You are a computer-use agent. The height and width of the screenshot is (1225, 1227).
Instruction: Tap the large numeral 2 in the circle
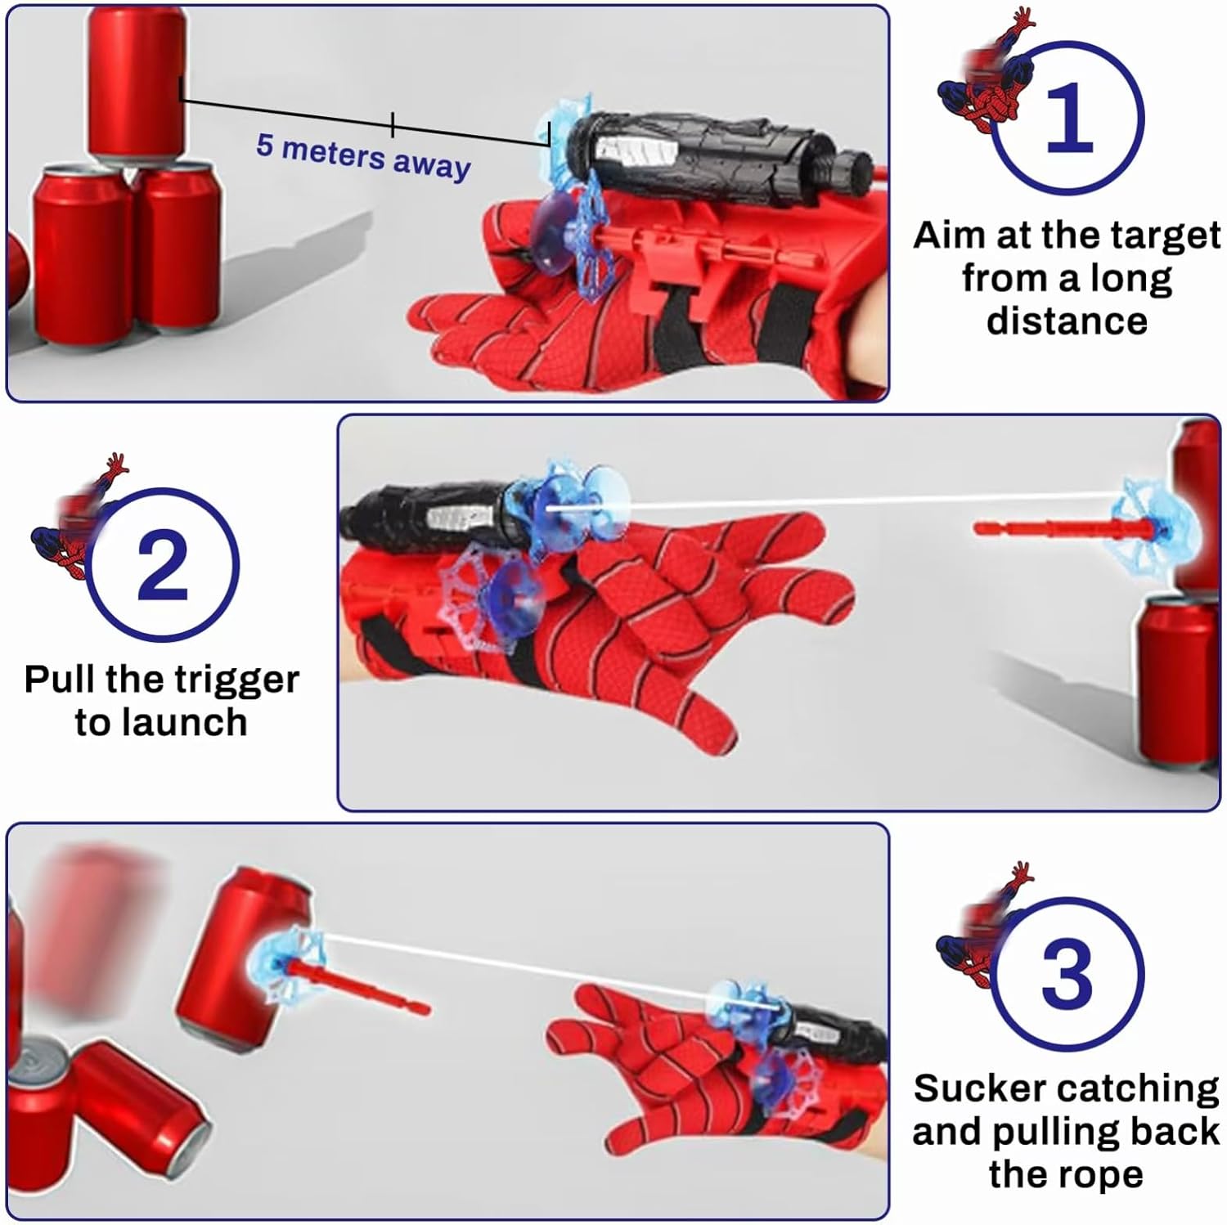[163, 564]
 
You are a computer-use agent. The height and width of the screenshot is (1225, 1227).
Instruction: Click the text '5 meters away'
[363, 155]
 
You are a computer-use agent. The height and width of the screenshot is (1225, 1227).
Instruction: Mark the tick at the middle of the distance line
[393, 124]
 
